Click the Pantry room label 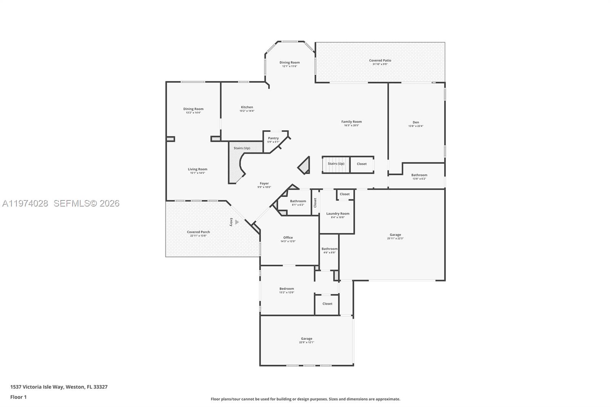coord(273,138)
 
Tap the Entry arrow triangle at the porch coord(237,222)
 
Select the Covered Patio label coord(380,60)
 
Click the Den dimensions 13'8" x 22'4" coord(415,126)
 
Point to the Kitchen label coord(247,107)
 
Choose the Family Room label coord(351,122)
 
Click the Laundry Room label coord(338,214)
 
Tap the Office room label coord(288,237)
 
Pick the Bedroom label coord(286,289)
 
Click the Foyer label coord(264,184)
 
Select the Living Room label coord(197,169)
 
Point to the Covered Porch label coord(198,232)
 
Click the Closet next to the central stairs coord(362,164)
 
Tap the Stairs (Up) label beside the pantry coord(242,148)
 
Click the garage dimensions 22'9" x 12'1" coord(306,342)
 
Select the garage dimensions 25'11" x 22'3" coord(395,239)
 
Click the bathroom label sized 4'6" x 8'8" coord(329,249)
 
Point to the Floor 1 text coord(18,397)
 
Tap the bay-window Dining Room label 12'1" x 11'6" coord(289,63)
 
